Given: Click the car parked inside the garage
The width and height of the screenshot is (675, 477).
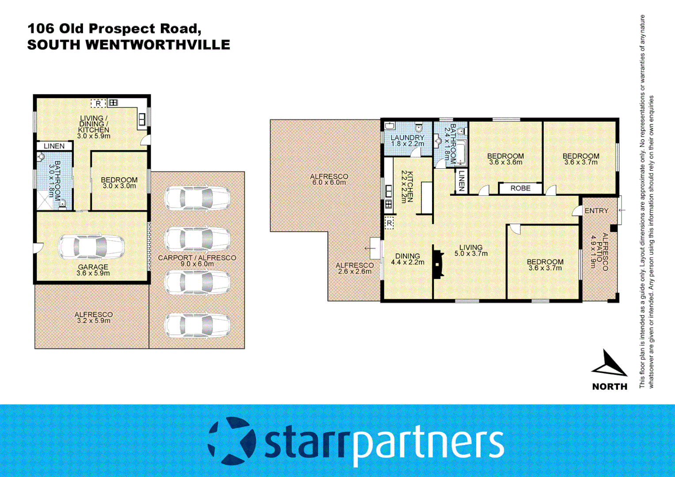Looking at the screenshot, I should click(91, 246).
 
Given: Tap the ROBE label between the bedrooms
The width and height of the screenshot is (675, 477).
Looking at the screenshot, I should click(520, 188).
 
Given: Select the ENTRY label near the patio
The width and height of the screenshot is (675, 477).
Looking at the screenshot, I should click(596, 211).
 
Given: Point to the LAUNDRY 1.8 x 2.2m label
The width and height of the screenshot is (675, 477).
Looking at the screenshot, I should click(407, 140).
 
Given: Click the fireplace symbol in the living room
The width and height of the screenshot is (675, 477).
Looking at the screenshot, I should click(438, 264).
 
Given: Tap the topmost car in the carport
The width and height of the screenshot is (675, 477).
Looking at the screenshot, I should click(197, 198).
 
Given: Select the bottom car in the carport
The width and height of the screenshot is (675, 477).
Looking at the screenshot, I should click(197, 326).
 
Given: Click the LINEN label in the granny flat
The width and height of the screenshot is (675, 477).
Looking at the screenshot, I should click(54, 146).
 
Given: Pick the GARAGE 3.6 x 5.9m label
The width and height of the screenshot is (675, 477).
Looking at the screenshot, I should click(93, 270).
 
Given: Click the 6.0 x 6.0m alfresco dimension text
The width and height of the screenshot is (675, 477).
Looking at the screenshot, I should click(329, 182).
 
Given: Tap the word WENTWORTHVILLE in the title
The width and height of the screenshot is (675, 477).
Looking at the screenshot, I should click(158, 45).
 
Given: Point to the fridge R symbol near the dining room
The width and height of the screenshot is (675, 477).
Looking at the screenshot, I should click(389, 223).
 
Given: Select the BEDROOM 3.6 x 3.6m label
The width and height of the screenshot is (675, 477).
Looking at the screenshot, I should click(505, 159).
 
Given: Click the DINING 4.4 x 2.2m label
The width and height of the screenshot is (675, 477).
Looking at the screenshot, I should click(407, 259).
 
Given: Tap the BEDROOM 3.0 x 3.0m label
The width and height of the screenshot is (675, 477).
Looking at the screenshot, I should click(119, 183).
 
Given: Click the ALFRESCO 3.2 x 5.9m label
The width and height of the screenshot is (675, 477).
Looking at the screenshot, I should click(93, 317).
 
